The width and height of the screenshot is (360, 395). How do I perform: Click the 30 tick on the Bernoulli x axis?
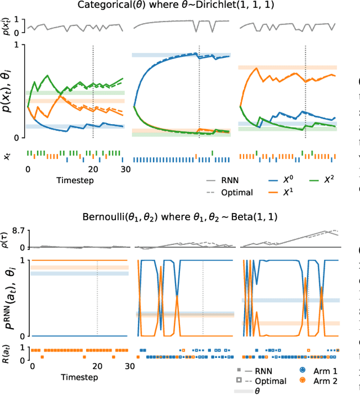click(x=129, y=367)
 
